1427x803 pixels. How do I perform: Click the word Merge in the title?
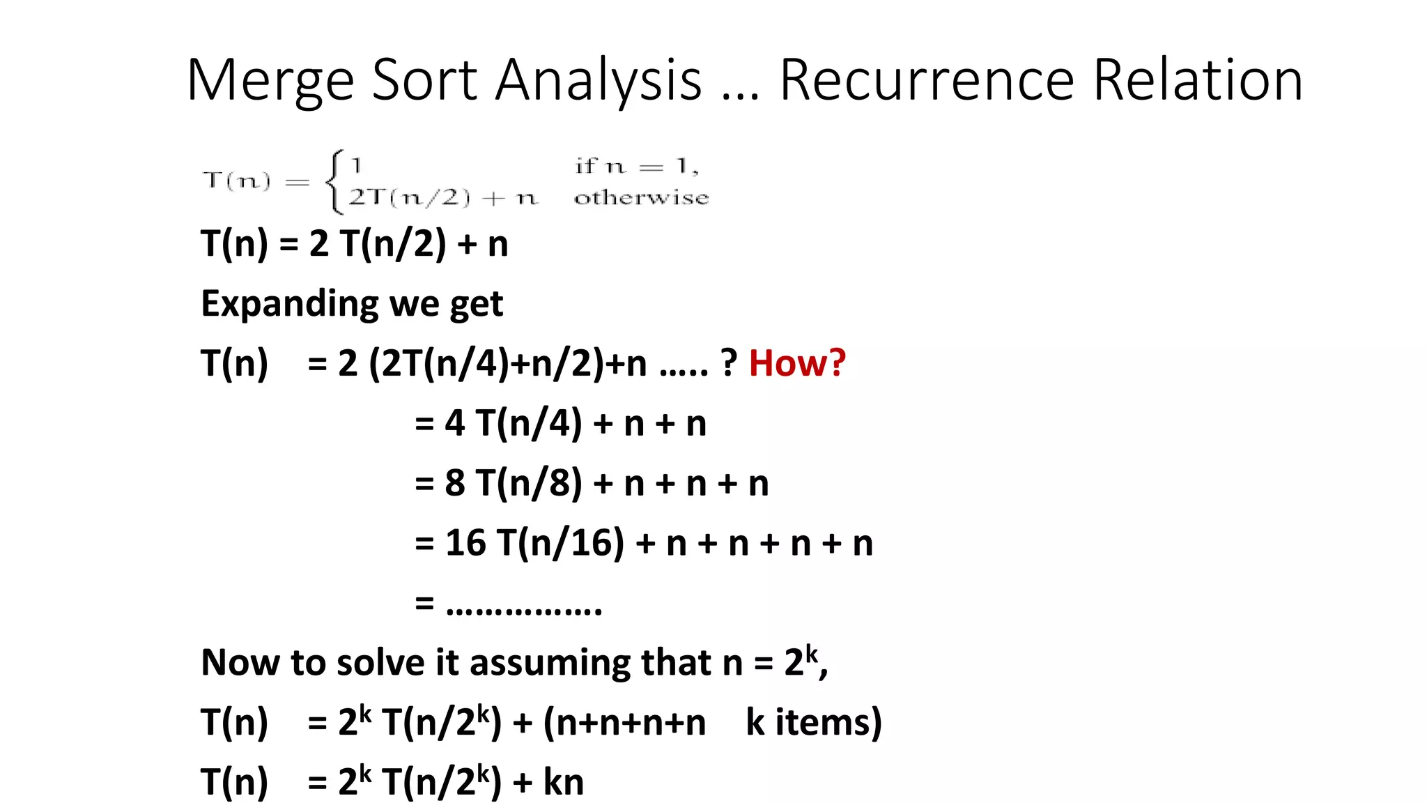click(x=270, y=81)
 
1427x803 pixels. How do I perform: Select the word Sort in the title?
click(x=425, y=79)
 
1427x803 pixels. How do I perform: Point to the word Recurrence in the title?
click(x=927, y=79)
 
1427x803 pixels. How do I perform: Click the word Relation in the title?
click(x=1198, y=79)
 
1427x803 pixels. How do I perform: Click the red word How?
click(x=797, y=363)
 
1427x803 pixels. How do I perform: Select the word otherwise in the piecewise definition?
click(x=641, y=198)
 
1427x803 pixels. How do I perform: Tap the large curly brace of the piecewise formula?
click(x=334, y=181)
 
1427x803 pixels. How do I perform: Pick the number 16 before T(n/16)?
click(x=465, y=542)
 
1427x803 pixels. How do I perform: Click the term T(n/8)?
click(x=529, y=482)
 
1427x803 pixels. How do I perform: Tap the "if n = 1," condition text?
click(x=636, y=166)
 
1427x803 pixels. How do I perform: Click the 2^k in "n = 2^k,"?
click(x=801, y=660)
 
